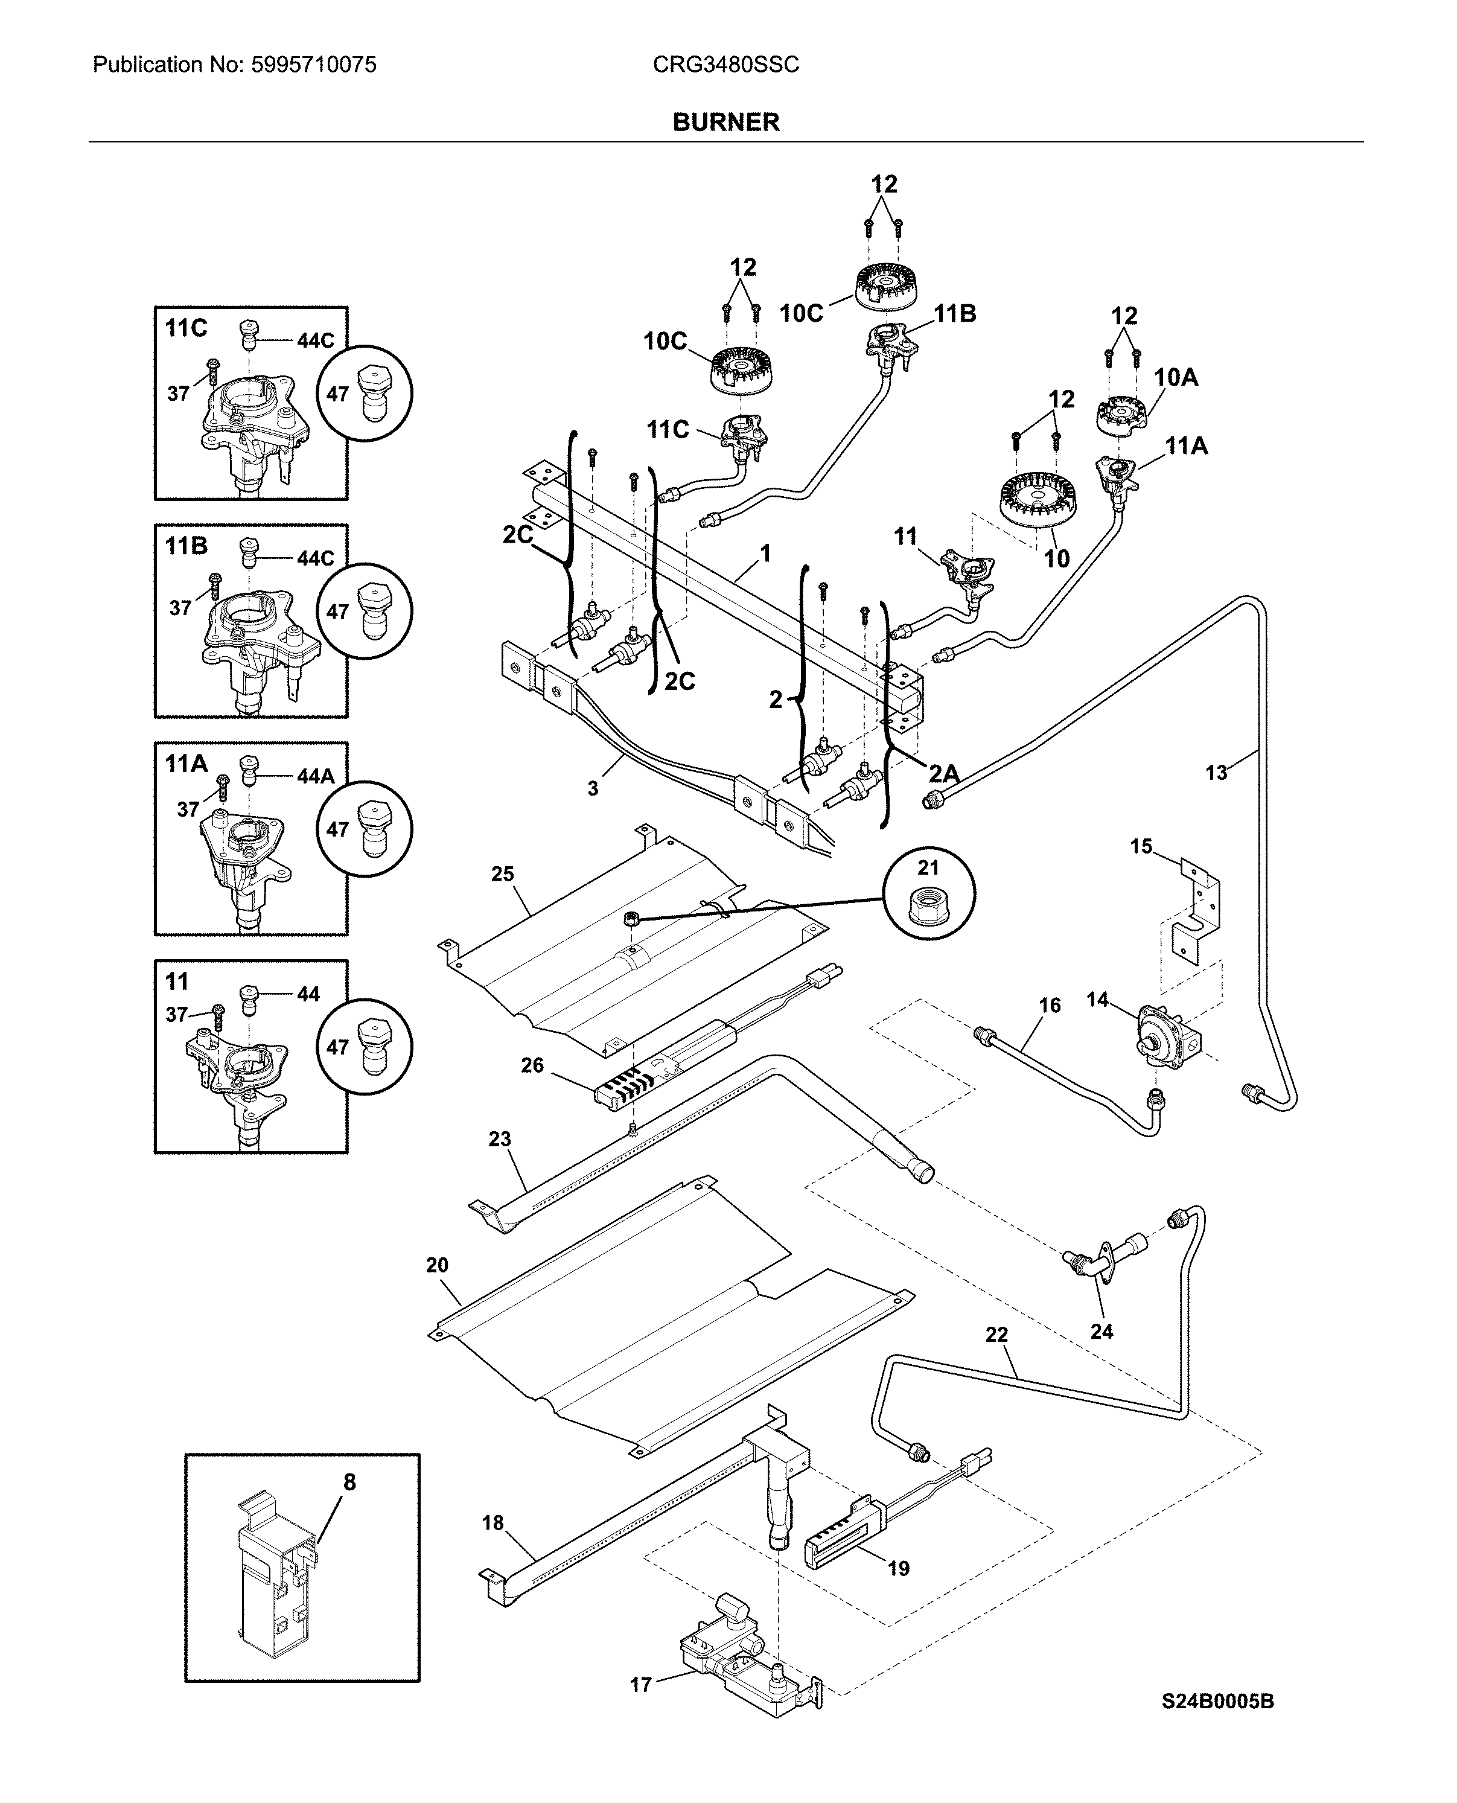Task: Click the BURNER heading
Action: click(x=726, y=123)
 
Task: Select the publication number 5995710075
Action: click(x=313, y=65)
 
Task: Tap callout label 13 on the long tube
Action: click(x=1216, y=772)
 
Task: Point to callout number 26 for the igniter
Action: click(x=532, y=1065)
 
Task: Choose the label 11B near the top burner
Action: click(x=955, y=314)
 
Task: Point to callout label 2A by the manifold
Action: click(x=943, y=773)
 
